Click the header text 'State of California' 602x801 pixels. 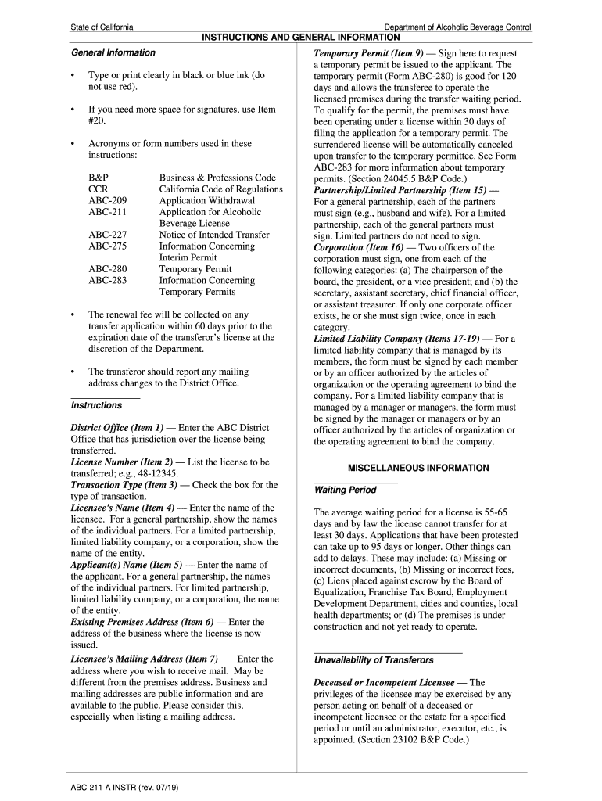[x=102, y=27]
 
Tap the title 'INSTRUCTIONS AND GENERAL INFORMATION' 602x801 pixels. [x=301, y=37]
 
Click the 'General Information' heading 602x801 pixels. [x=113, y=52]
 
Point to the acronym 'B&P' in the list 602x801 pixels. [x=99, y=178]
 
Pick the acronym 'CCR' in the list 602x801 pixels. [x=99, y=189]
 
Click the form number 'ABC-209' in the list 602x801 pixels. [x=107, y=200]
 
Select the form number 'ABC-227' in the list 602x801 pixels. [x=107, y=235]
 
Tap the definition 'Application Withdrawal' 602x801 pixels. [x=207, y=200]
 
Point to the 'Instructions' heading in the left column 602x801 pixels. [x=96, y=405]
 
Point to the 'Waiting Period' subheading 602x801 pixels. [x=345, y=490]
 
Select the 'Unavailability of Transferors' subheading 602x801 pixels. [x=374, y=659]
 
